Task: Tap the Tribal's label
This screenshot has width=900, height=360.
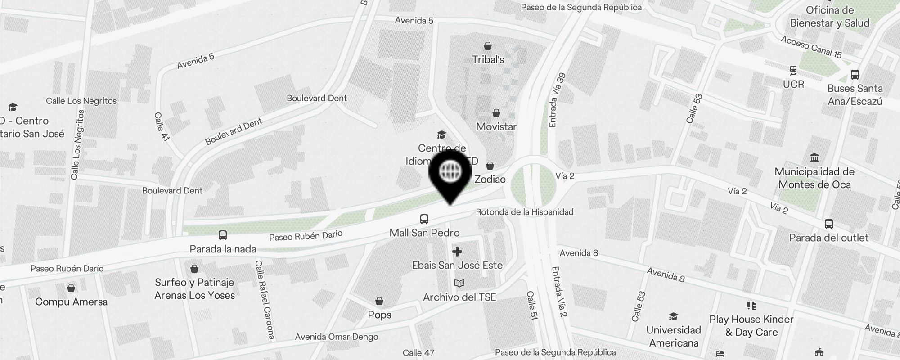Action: click(488, 60)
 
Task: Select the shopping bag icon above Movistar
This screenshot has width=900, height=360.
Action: click(496, 113)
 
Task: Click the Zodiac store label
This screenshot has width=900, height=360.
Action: click(490, 179)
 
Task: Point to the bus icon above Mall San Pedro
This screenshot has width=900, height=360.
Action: click(424, 219)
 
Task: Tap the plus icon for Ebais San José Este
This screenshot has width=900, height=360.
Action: click(457, 252)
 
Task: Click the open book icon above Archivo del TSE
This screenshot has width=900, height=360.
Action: click(459, 283)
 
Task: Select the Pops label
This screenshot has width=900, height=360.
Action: click(379, 315)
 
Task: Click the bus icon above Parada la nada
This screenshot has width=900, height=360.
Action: click(222, 235)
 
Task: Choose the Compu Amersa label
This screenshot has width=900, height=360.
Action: click(71, 302)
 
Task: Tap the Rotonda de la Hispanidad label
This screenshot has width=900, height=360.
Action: click(525, 212)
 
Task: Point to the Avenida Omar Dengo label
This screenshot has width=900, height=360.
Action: click(337, 337)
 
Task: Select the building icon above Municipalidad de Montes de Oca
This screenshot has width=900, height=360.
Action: click(814, 158)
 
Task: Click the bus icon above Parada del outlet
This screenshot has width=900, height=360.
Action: click(828, 224)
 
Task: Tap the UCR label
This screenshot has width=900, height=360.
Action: click(793, 85)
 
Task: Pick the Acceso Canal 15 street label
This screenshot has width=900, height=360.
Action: click(811, 47)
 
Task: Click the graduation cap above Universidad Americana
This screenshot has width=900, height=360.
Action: click(673, 316)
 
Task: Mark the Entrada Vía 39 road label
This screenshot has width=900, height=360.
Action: click(557, 100)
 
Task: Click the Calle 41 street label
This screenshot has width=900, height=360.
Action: click(162, 127)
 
